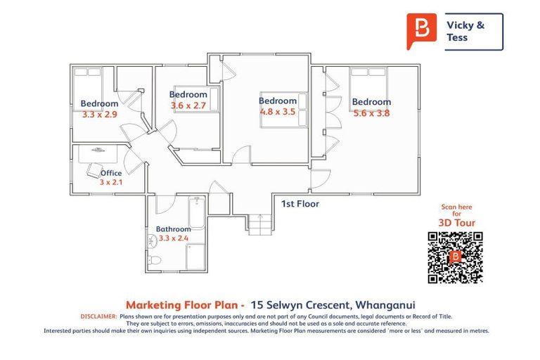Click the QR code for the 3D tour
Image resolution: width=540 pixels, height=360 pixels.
point(455,256)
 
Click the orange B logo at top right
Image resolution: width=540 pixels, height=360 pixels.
point(421,30)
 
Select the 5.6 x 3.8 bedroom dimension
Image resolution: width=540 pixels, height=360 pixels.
point(371,112)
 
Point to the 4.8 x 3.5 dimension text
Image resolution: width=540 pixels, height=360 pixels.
point(278,111)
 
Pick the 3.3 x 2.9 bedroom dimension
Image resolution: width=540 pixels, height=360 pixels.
point(99,114)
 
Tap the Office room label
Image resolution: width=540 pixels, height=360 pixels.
point(111,173)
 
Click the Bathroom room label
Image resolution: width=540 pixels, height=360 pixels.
point(173,229)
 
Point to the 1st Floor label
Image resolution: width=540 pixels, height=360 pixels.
point(300,205)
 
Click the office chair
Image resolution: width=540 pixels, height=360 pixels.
point(94,169)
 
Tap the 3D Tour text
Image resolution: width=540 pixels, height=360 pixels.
point(456,223)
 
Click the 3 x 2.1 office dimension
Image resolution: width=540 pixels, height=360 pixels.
point(110,182)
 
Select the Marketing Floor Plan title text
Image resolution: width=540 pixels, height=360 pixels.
point(185,305)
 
